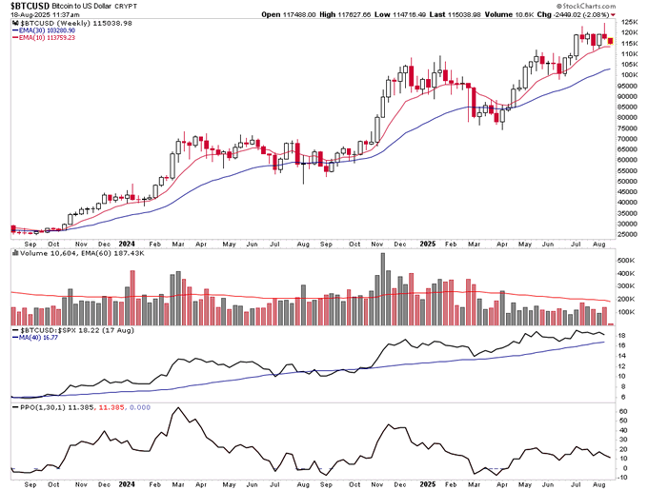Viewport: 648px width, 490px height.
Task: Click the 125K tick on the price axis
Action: (629, 21)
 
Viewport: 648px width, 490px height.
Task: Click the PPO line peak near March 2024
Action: (177, 408)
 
